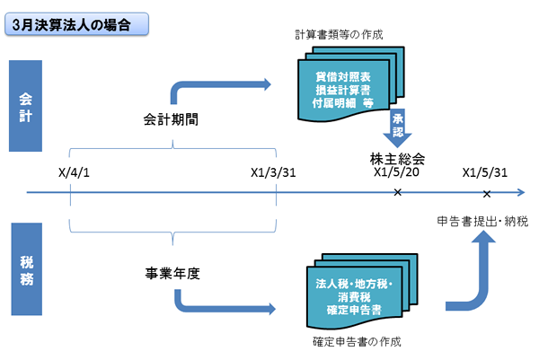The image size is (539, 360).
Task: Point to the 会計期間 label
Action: click(171, 119)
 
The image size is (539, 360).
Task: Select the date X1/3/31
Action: click(273, 171)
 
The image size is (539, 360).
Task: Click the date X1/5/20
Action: click(396, 171)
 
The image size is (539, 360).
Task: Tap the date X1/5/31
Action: click(486, 171)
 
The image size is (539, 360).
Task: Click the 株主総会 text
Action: click(396, 157)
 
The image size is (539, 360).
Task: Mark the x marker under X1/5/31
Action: click(487, 193)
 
